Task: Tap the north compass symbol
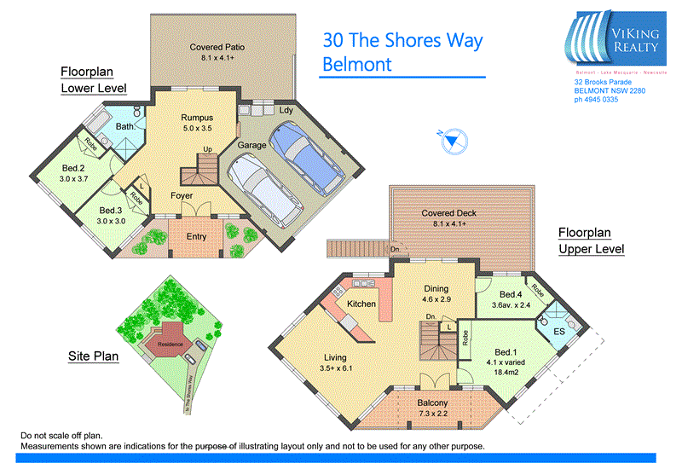pos(453,139)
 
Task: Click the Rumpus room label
pos(196,117)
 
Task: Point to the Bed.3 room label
pos(111,210)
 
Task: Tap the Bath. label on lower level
pos(126,126)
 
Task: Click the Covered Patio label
pos(217,48)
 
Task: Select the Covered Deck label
pos(454,213)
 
